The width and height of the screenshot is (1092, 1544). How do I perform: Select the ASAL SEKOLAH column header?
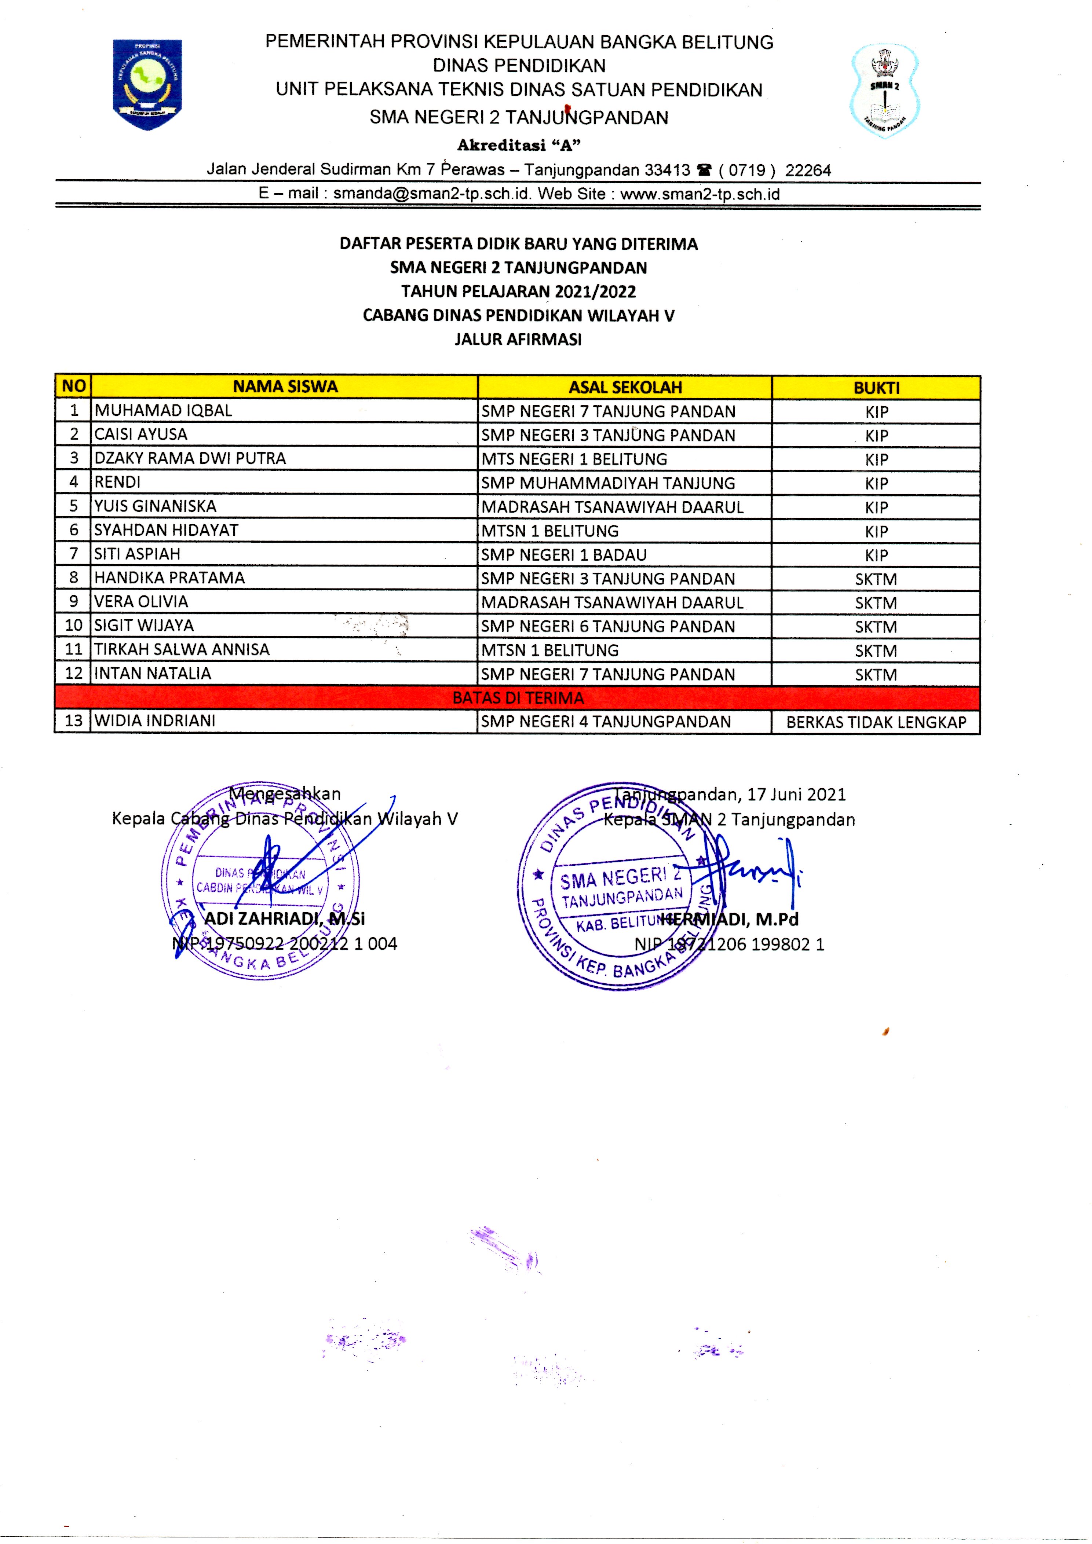coord(625,387)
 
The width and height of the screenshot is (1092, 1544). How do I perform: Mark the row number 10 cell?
coord(73,626)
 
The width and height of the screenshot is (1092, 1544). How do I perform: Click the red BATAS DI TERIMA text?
coord(518,698)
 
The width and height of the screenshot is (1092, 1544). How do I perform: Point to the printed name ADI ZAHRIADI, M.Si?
coord(285,918)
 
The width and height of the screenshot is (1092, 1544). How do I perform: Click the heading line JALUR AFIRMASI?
coord(518,340)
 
